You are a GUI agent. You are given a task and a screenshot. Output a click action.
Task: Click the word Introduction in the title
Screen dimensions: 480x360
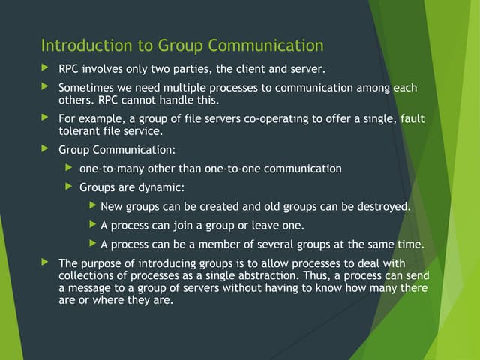87,45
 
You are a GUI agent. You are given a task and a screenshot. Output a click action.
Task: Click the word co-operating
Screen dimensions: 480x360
276,118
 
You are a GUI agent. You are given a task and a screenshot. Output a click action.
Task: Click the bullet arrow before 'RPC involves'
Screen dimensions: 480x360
45,67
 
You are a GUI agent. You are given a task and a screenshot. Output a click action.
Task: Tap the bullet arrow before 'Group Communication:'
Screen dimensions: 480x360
45,148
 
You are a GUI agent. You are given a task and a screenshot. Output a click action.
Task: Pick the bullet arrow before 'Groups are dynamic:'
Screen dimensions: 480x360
69,187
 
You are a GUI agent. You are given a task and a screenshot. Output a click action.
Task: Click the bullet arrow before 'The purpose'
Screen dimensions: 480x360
45,262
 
